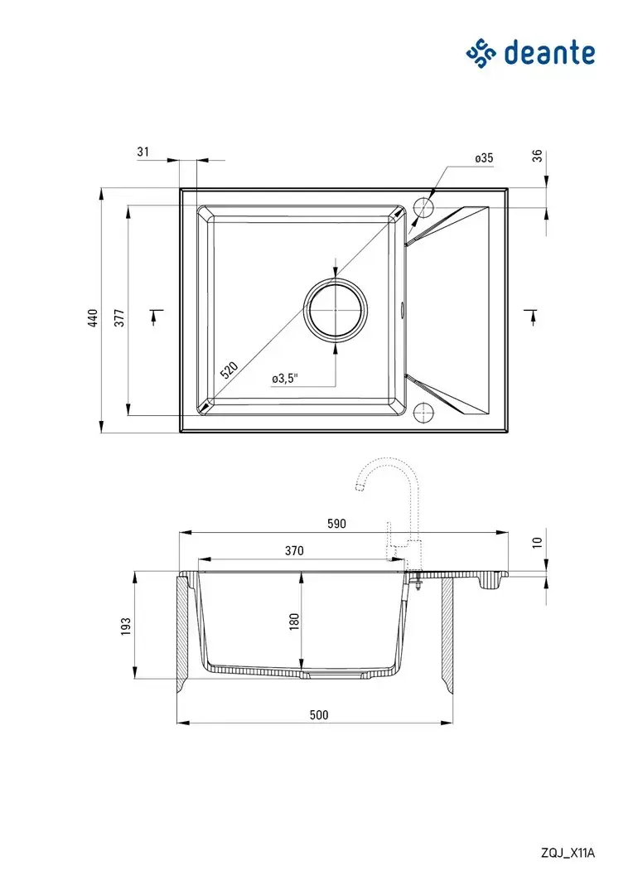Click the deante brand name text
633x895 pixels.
549,54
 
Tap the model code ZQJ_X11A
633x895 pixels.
568,854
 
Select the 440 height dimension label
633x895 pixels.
93,318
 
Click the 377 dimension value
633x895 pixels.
119,318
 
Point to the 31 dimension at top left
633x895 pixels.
143,152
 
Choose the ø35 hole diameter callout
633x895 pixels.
484,158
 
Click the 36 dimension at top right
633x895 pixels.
537,156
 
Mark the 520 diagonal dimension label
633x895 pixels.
229,371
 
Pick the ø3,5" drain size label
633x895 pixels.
285,379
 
